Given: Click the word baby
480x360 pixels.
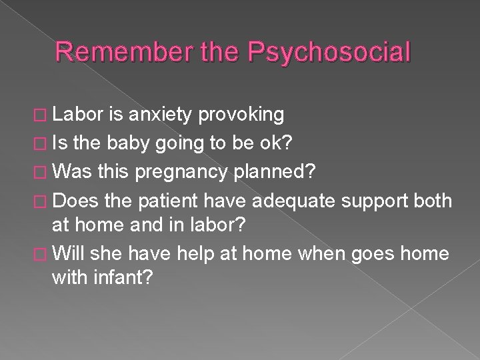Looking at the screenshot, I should pyautogui.click(x=147, y=141).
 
